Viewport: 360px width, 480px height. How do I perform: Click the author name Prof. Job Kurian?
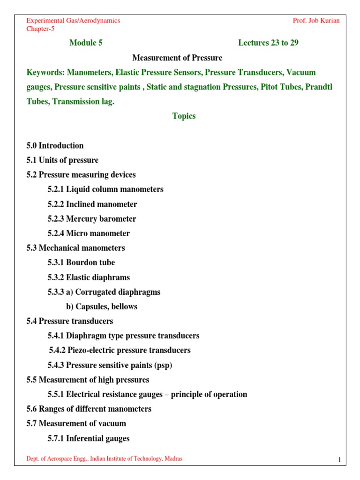[x=316, y=21]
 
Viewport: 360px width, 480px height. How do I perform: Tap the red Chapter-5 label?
[x=40, y=29]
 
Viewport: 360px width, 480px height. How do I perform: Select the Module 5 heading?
[x=86, y=43]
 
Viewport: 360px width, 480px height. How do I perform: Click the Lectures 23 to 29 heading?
[x=268, y=43]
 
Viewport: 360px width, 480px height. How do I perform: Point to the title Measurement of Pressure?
[x=177, y=58]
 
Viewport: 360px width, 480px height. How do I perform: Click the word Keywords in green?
[x=45, y=72]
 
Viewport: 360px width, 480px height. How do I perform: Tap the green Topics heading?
[x=184, y=116]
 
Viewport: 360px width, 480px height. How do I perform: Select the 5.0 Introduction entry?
[x=55, y=145]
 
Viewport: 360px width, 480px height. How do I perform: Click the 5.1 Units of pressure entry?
[x=62, y=160]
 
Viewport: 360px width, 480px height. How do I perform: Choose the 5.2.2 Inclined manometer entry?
[x=92, y=204]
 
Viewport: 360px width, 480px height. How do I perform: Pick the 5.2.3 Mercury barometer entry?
[x=91, y=219]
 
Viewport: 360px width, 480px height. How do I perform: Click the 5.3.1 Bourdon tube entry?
[x=81, y=262]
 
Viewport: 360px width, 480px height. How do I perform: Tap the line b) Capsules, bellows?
[x=101, y=307]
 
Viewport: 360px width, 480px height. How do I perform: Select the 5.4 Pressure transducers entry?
[x=69, y=321]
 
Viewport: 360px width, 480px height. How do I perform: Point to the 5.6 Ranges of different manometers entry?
[x=89, y=409]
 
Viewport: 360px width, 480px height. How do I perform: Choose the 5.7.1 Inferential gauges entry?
[x=88, y=438]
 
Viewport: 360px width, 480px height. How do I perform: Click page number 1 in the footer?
[x=339, y=460]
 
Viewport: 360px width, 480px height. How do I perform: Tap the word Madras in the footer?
[x=172, y=459]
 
